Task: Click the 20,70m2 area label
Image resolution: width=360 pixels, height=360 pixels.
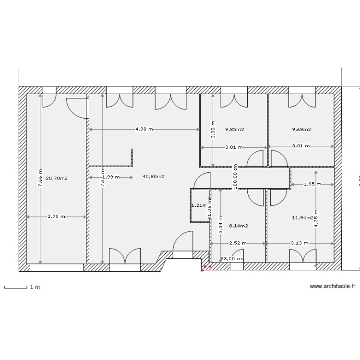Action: coord(57,178)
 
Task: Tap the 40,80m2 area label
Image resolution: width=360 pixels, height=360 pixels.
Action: coord(154,176)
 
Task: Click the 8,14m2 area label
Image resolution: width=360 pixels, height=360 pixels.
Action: coord(239,225)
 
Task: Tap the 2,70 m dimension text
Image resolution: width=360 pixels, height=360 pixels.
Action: coord(56,216)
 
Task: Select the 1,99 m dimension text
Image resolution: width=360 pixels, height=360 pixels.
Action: coord(110,177)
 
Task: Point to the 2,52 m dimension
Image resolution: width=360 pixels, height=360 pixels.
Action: coord(238,243)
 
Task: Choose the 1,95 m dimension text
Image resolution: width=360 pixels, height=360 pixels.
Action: coord(312,184)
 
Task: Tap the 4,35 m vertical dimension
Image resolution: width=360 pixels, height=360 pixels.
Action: coord(316,218)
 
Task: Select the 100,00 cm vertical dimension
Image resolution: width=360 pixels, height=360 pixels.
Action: coord(235,177)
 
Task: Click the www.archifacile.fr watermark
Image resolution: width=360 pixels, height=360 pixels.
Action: coord(332,287)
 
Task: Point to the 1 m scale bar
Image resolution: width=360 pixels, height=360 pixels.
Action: coord(22,288)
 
